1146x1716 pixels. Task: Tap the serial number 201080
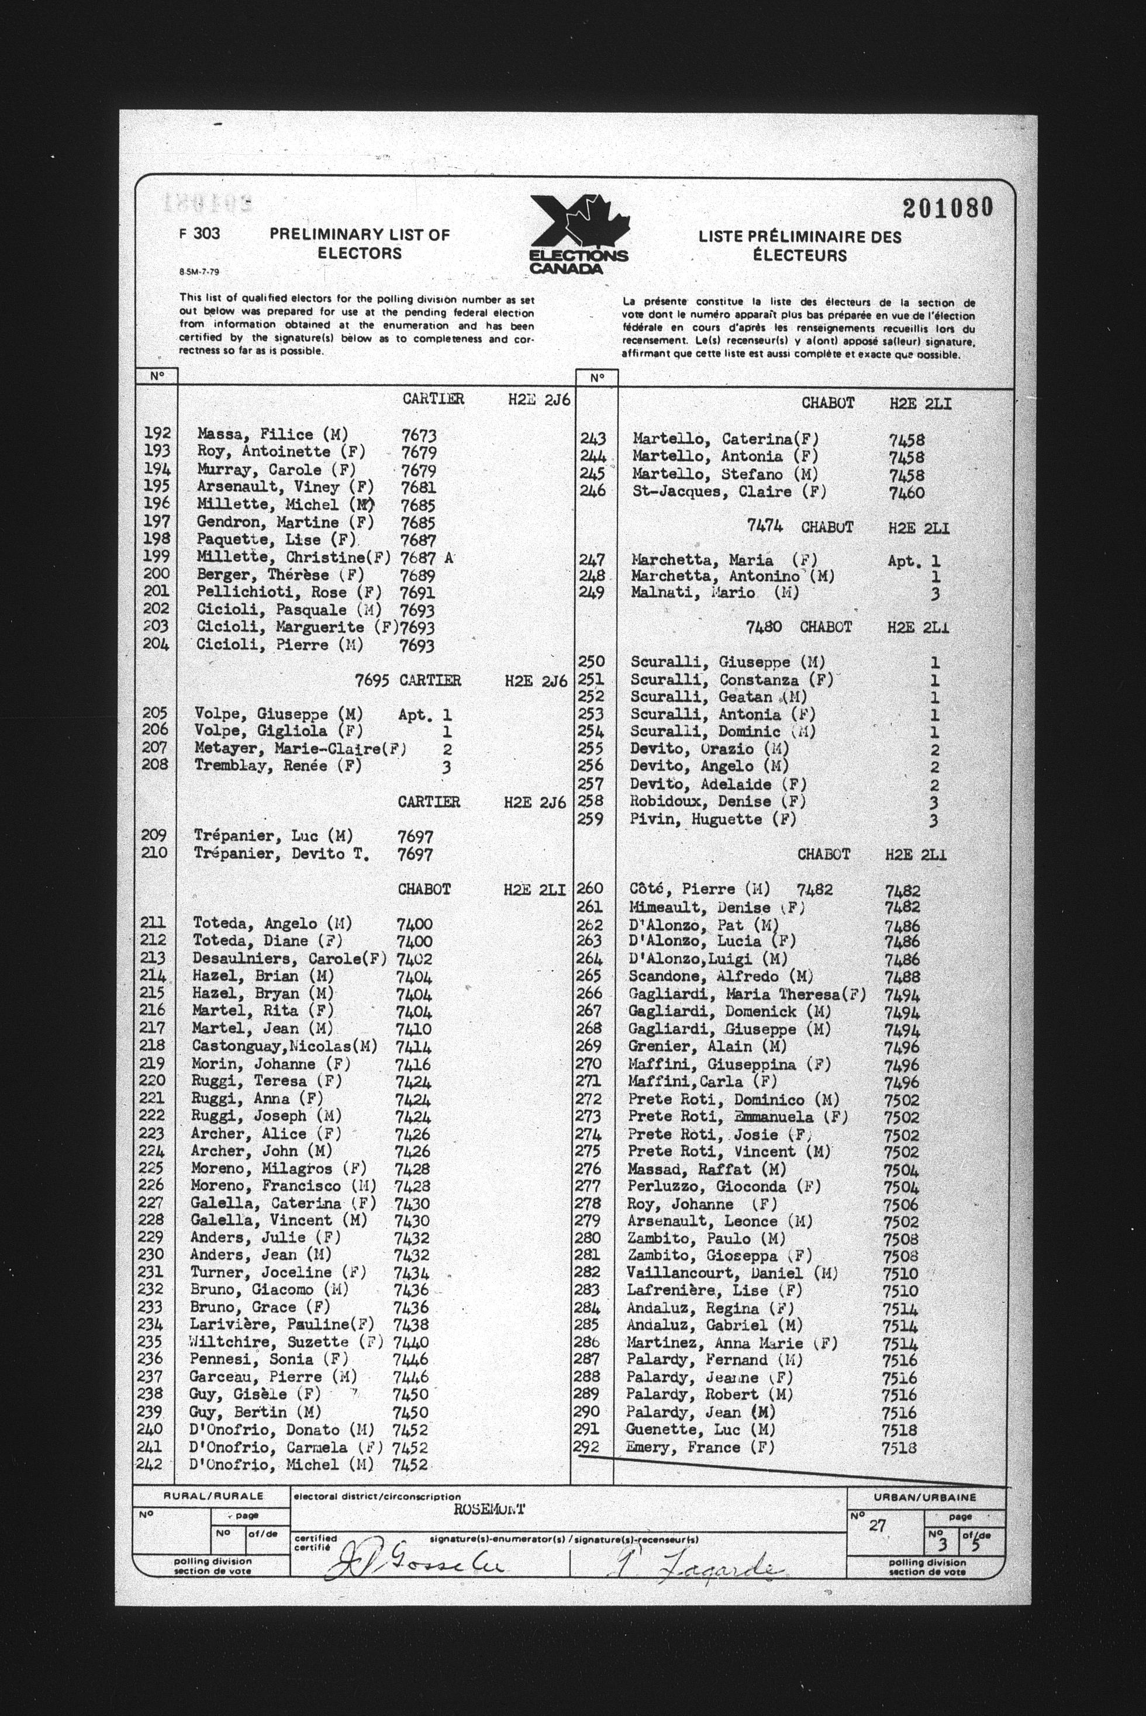[x=947, y=208]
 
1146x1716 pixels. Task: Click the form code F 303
[x=199, y=234]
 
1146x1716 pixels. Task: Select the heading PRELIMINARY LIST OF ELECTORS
[x=359, y=244]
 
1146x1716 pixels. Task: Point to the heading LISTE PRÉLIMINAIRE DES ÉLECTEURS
[x=800, y=246]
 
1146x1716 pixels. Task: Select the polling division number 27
[x=877, y=1526]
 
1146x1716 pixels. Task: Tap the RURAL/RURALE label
[x=213, y=1496]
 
